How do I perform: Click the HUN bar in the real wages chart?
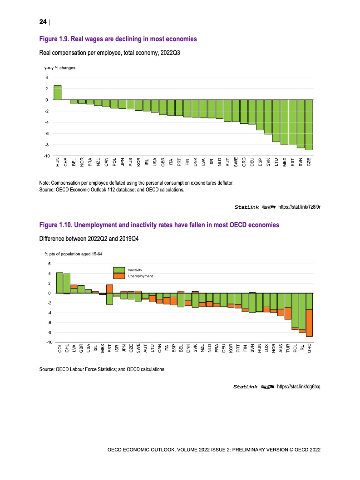pyautogui.click(x=57, y=93)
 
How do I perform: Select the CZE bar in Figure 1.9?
pyautogui.click(x=309, y=125)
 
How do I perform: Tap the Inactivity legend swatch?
pyautogui.click(x=118, y=270)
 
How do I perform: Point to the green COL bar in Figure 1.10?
pyautogui.click(x=59, y=283)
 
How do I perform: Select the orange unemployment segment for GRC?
pyautogui.click(x=309, y=323)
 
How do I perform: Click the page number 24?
pyautogui.click(x=43, y=22)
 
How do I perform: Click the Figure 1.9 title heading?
pyautogui.click(x=118, y=39)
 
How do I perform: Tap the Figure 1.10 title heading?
pyautogui.click(x=159, y=225)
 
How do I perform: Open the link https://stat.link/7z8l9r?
pyautogui.click(x=299, y=207)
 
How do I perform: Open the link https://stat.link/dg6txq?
pyautogui.click(x=299, y=387)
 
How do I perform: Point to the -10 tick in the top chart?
pyautogui.click(x=46, y=156)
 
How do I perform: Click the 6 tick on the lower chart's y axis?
pyautogui.click(x=49, y=264)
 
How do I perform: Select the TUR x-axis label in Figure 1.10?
pyautogui.click(x=288, y=348)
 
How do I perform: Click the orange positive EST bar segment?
pyautogui.click(x=109, y=289)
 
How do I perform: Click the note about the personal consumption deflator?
pyautogui.click(x=137, y=182)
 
